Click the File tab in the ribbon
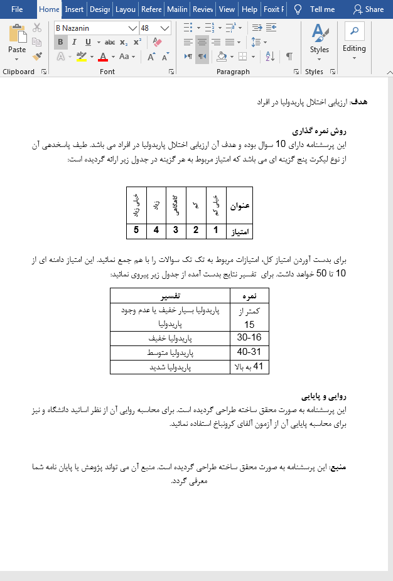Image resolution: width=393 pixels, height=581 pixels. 17,9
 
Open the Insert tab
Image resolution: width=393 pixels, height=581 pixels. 74,9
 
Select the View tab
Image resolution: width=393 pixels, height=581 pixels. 227,9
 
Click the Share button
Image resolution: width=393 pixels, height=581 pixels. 368,9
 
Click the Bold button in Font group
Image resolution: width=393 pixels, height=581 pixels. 61,42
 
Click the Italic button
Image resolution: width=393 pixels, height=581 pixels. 74,42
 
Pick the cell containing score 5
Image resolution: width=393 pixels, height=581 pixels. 136,231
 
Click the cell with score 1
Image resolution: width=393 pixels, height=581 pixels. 215,231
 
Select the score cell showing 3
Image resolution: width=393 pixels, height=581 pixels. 176,231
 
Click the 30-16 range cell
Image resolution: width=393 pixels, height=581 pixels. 249,337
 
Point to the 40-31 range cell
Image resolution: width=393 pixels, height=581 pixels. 249,352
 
